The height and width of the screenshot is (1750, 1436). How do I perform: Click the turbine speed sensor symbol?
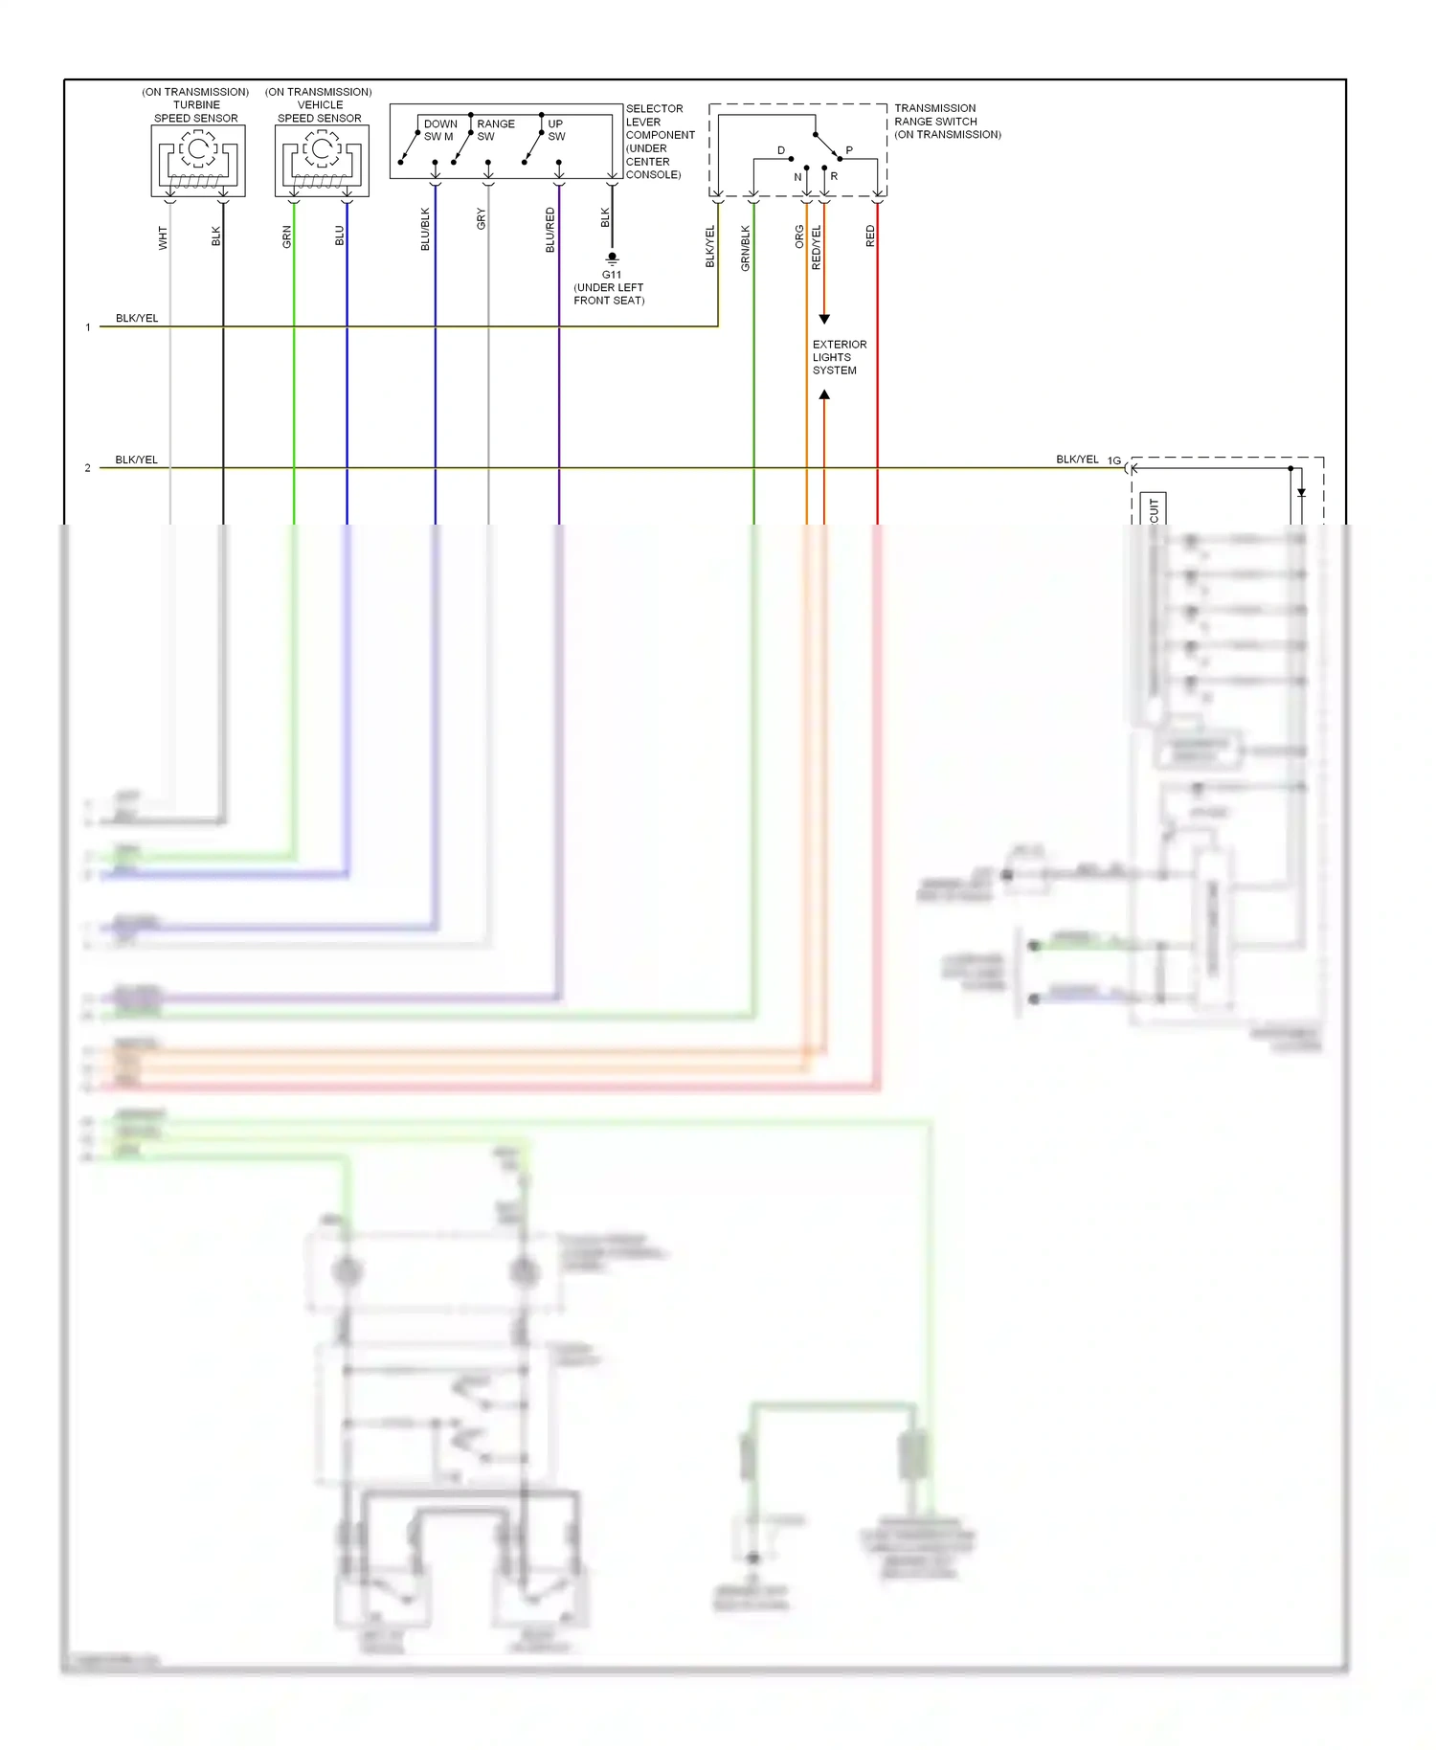[198, 161]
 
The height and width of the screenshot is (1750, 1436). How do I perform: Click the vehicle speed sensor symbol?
[322, 161]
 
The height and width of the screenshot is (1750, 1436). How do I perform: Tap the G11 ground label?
[612, 275]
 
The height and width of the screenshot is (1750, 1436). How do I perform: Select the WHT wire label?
[163, 238]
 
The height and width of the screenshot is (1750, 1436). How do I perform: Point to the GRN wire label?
[286, 237]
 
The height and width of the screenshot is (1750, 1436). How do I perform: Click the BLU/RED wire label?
[550, 230]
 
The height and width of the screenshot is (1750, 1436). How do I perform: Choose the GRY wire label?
[482, 219]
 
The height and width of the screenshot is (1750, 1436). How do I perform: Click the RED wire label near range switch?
[870, 236]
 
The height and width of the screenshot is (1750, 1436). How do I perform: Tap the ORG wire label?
[799, 236]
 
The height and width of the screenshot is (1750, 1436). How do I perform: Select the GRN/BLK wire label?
[746, 248]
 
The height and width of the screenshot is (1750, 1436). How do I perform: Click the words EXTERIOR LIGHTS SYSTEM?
[839, 357]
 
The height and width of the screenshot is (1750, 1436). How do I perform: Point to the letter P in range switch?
[849, 150]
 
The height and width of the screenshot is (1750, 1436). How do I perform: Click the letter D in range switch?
[781, 150]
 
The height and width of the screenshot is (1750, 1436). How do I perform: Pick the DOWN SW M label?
[439, 130]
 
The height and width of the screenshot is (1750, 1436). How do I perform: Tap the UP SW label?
[556, 130]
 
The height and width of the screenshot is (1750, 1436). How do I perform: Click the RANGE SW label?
[495, 130]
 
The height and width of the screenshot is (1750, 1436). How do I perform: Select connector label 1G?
[1114, 460]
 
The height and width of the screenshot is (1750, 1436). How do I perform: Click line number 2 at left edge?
[87, 468]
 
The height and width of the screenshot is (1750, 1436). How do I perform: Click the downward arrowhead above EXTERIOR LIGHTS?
[824, 319]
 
